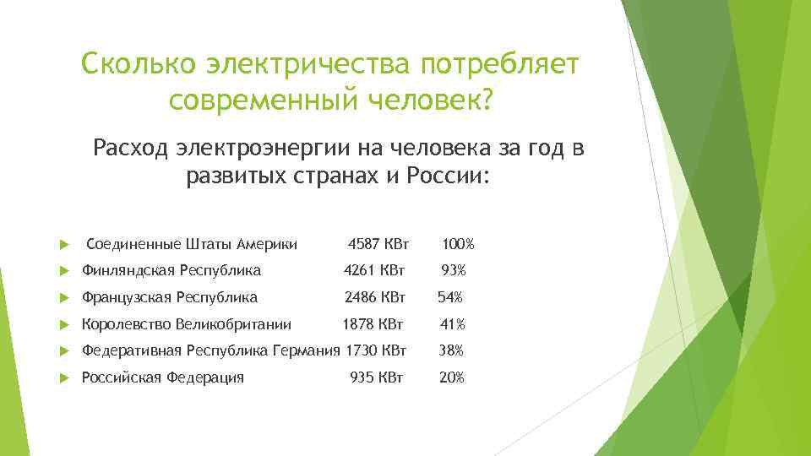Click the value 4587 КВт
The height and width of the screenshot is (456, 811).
pyautogui.click(x=378, y=245)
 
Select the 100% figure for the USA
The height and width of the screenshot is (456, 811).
pyautogui.click(x=458, y=245)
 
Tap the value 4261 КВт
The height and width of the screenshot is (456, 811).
pyautogui.click(x=374, y=271)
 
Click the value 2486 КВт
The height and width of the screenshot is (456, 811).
pyautogui.click(x=374, y=297)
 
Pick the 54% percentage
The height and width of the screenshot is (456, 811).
pyautogui.click(x=449, y=297)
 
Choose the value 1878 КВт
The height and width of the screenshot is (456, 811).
pyautogui.click(x=373, y=324)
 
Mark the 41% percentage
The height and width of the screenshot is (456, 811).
pyautogui.click(x=452, y=324)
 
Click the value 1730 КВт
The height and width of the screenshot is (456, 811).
pyautogui.click(x=376, y=350)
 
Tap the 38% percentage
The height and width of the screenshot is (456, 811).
pyautogui.click(x=451, y=350)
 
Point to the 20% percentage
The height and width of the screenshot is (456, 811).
pyautogui.click(x=451, y=377)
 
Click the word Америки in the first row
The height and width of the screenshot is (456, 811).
pyautogui.click(x=269, y=245)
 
